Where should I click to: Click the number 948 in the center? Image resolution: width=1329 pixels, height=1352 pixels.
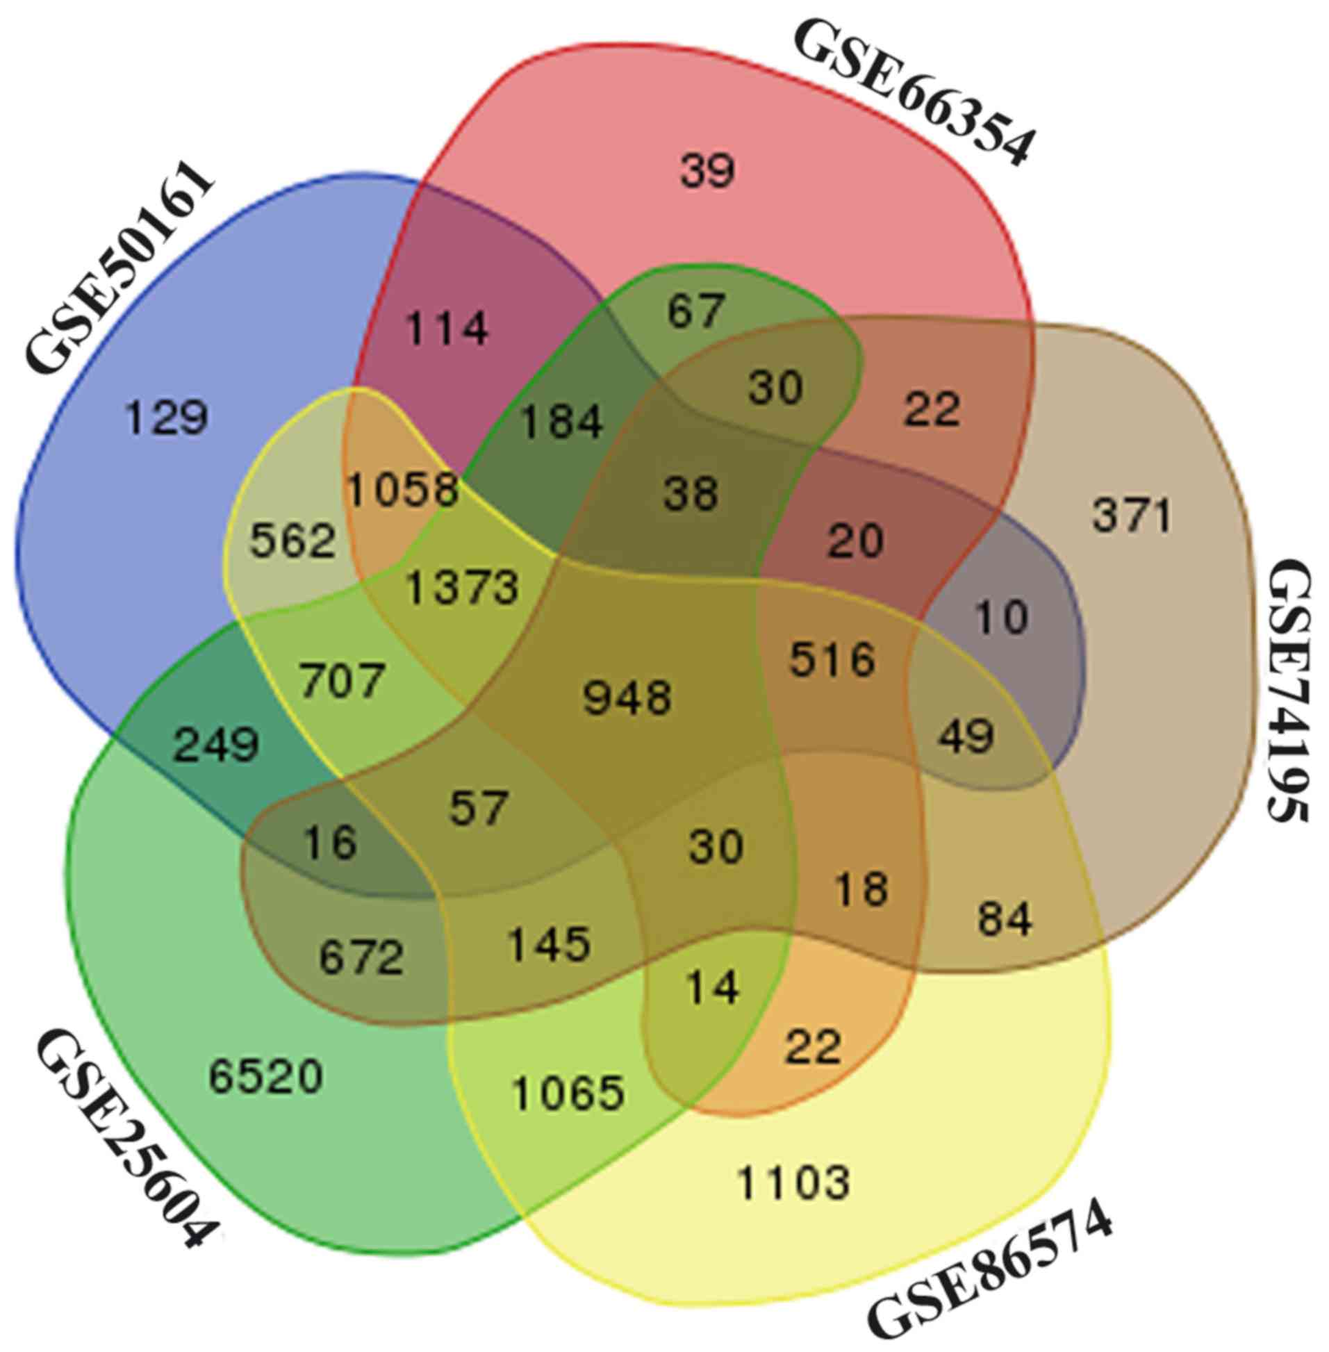(627, 698)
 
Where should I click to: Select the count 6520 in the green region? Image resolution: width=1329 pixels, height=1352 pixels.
(265, 1075)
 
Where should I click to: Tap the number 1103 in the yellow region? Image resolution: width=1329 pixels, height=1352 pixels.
(793, 1183)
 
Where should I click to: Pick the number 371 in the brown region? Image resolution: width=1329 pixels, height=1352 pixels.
(1132, 517)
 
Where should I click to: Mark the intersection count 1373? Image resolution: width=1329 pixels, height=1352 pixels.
(463, 587)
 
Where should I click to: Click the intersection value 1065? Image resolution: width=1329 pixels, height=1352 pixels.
(567, 1093)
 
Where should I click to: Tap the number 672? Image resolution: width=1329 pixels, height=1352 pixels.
(361, 957)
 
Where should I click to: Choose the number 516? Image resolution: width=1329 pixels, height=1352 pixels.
(832, 658)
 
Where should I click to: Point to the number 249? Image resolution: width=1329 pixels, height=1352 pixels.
(215, 745)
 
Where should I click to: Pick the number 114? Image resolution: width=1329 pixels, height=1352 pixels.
(447, 327)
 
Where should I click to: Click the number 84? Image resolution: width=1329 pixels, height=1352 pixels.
(1005, 919)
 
